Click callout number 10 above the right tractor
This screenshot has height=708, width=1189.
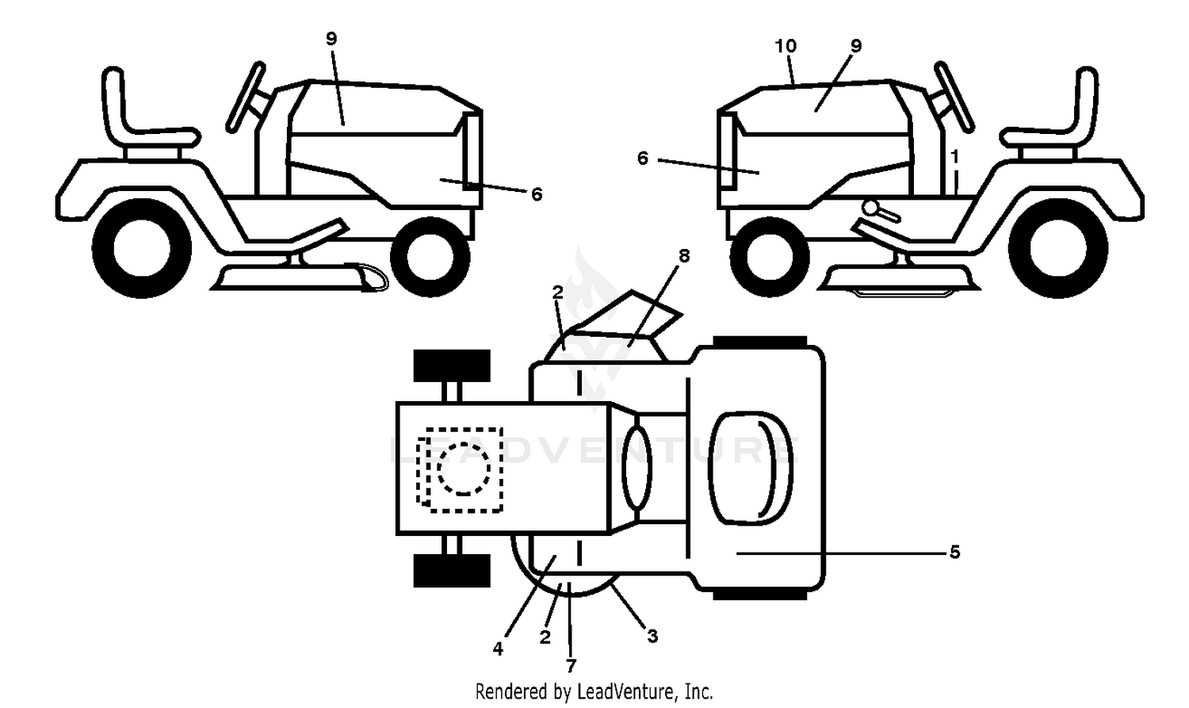786,46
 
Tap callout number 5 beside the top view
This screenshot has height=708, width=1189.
955,553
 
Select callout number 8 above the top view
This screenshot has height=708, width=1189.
684,256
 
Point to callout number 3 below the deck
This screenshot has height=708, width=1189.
652,635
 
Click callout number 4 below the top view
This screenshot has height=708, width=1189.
497,648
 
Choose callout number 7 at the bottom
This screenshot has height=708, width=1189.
571,665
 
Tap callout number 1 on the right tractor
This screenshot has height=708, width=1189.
955,156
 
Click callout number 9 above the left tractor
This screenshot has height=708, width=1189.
331,39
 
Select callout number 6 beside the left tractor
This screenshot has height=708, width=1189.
537,194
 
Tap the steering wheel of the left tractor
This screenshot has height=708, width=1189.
245,97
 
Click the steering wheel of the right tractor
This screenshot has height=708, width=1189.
954,97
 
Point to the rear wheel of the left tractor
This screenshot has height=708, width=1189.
142,248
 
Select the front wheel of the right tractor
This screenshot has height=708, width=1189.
770,257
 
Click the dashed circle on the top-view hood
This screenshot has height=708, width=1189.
464,469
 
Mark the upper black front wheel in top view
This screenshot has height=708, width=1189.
452,365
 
